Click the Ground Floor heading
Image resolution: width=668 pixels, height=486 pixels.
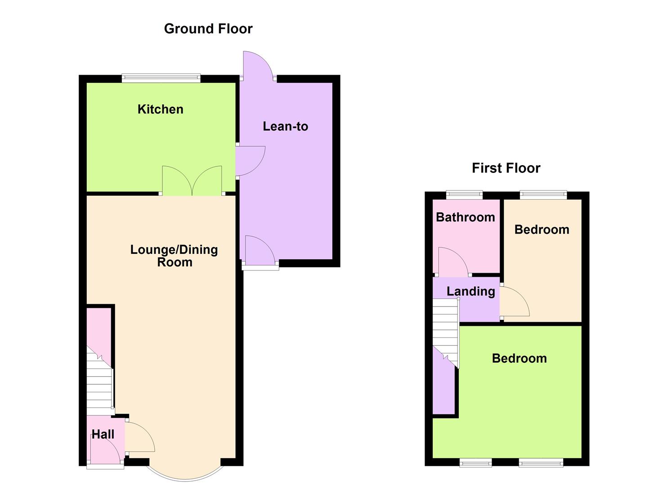click(208, 29)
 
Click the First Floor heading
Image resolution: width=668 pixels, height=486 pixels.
click(506, 168)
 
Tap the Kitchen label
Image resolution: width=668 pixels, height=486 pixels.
click(160, 109)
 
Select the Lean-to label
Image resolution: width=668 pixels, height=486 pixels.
click(285, 126)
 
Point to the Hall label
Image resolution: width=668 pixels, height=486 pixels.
click(103, 434)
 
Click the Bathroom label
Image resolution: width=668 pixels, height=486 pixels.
click(465, 217)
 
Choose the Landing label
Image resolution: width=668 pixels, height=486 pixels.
click(471, 292)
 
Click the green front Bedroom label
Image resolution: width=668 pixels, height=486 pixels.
click(519, 359)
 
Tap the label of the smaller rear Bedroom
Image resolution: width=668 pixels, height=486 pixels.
click(542, 229)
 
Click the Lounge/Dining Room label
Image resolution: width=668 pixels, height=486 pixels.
click(174, 256)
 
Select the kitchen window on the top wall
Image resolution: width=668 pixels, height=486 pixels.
click(161, 78)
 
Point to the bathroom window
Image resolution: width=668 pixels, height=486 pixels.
click(464, 195)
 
